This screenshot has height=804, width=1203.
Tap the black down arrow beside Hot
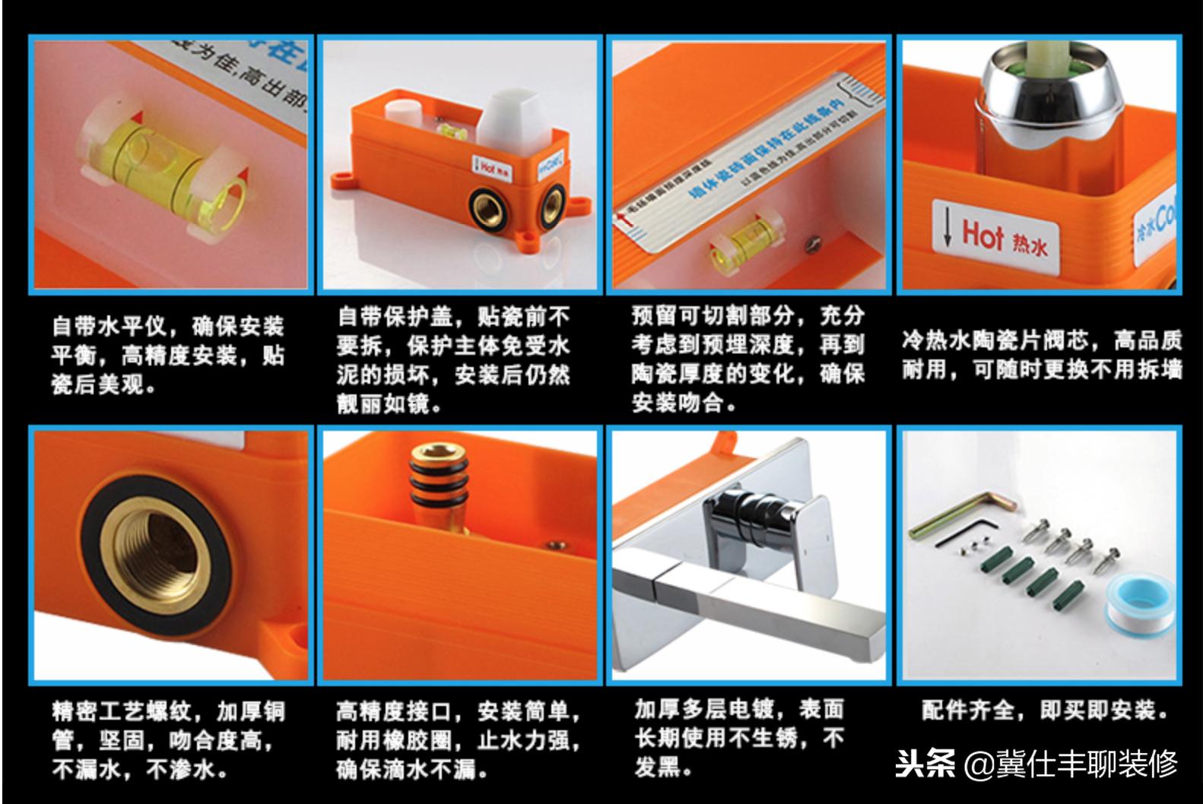coord(947,228)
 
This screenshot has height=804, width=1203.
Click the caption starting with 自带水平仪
coord(168,356)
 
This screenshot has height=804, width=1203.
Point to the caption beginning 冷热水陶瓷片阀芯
coord(1042,354)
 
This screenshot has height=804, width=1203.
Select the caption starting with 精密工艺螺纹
coord(168,740)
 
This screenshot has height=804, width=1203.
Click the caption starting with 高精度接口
coord(459,740)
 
